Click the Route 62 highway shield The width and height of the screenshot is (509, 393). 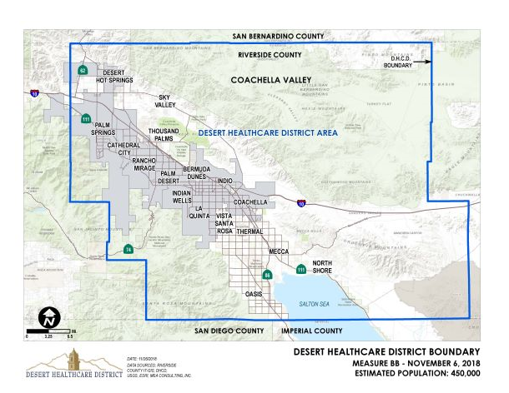[83, 71]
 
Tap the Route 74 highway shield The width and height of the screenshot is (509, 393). [128, 249]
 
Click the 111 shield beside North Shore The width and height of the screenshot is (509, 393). [300, 269]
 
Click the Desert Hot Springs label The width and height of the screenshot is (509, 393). [116, 77]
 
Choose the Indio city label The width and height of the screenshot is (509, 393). [224, 180]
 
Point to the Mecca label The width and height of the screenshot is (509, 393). [278, 251]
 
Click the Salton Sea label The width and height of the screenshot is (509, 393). [315, 306]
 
